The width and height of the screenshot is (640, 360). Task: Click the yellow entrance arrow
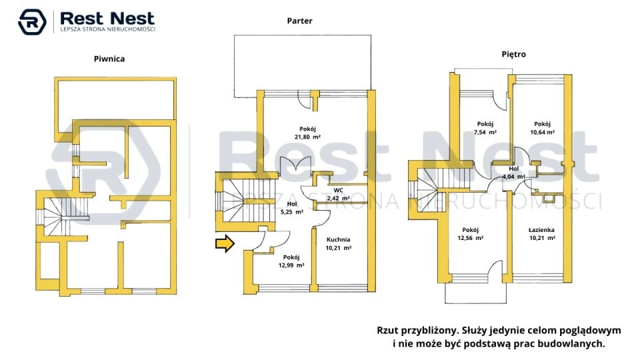pos(225,244)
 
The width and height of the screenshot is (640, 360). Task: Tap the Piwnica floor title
pos(109,59)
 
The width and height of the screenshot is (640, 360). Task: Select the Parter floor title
pos(299,21)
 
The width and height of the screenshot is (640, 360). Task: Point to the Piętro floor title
pos(514,54)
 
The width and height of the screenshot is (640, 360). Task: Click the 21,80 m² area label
pos(308,137)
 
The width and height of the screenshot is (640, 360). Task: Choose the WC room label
pos(339,190)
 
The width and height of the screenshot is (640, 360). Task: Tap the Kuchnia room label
pos(339,239)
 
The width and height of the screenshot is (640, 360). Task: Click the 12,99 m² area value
pos(291,265)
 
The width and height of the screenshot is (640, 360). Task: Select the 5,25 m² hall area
pos(292,212)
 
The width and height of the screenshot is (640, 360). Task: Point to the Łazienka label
pos(541,230)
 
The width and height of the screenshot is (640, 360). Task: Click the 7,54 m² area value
pos(485,132)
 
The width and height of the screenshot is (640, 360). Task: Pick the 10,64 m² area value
pos(543,132)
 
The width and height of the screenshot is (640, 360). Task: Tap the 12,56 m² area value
pos(471,238)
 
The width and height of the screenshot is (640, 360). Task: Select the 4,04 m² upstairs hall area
pos(513,177)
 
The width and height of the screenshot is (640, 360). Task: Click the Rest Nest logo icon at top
pos(32,21)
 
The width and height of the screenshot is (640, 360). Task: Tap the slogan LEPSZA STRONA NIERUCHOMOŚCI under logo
pos(108,29)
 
